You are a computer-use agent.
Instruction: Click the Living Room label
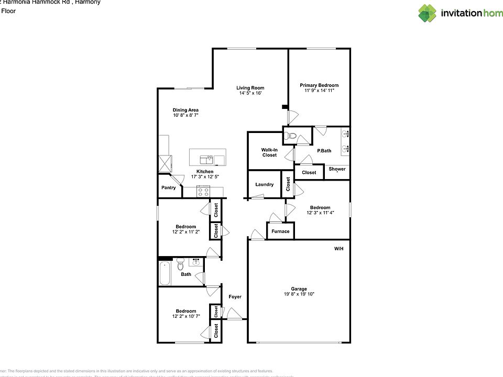pyautogui.click(x=250, y=88)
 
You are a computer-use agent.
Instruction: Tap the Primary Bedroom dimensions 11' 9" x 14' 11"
pyautogui.click(x=319, y=91)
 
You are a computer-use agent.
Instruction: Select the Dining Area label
pyautogui.click(x=185, y=110)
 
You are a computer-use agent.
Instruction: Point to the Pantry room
pyautogui.click(x=169, y=187)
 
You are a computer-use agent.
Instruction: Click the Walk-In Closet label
pyautogui.click(x=269, y=152)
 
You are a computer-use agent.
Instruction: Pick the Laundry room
pyautogui.click(x=265, y=184)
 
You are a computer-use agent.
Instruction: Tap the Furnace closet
pyautogui.click(x=280, y=231)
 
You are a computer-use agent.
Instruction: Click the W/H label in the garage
pyautogui.click(x=339, y=249)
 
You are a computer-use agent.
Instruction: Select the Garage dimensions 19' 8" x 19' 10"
pyautogui.click(x=299, y=294)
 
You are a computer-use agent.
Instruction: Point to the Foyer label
pyautogui.click(x=235, y=297)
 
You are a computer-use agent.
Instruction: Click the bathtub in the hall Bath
pyautogui.click(x=165, y=273)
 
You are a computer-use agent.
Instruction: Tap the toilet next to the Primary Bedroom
pyautogui.click(x=291, y=137)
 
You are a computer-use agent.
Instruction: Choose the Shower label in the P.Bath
pyautogui.click(x=337, y=169)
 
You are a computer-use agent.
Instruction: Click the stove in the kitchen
pyautogui.click(x=203, y=192)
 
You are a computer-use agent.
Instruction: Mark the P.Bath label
pyautogui.click(x=324, y=151)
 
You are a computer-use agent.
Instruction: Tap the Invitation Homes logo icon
pyautogui.click(x=427, y=13)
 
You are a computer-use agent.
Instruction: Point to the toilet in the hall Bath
pyautogui.click(x=180, y=262)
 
